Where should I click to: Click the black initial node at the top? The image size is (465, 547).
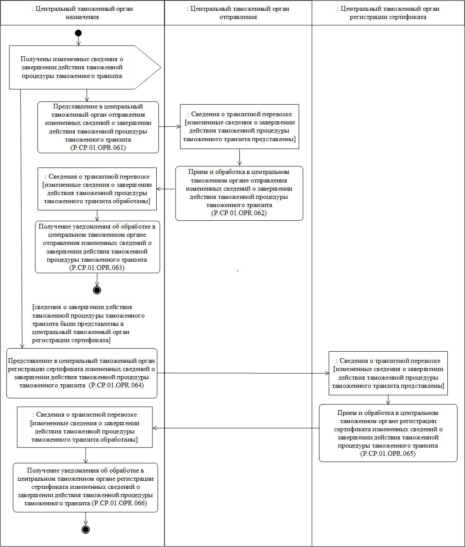78,33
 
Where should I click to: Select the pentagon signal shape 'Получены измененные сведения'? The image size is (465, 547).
77,68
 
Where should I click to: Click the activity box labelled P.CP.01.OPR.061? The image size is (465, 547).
98,127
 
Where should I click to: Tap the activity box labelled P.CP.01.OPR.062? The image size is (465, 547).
239,193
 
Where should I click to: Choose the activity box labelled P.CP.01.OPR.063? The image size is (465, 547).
97,247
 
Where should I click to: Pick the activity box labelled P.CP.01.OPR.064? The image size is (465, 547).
82,373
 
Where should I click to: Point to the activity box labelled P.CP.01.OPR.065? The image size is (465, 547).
388,433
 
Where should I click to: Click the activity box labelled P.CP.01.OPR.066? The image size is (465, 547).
85,487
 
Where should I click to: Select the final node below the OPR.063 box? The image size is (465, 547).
97,290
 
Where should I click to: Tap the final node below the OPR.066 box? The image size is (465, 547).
86,529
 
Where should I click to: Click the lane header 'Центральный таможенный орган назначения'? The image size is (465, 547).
82,13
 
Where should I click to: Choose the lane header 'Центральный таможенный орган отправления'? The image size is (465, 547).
238,13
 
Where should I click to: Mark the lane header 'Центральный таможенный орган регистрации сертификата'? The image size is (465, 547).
388,13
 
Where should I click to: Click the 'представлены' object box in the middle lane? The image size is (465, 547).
239,127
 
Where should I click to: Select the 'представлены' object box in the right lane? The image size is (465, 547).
388,373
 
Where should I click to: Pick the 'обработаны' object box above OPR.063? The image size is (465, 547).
97,189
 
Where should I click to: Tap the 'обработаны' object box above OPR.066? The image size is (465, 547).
85,427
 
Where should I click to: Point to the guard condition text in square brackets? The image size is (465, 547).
82,324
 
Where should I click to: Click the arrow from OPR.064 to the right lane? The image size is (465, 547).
241,373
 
